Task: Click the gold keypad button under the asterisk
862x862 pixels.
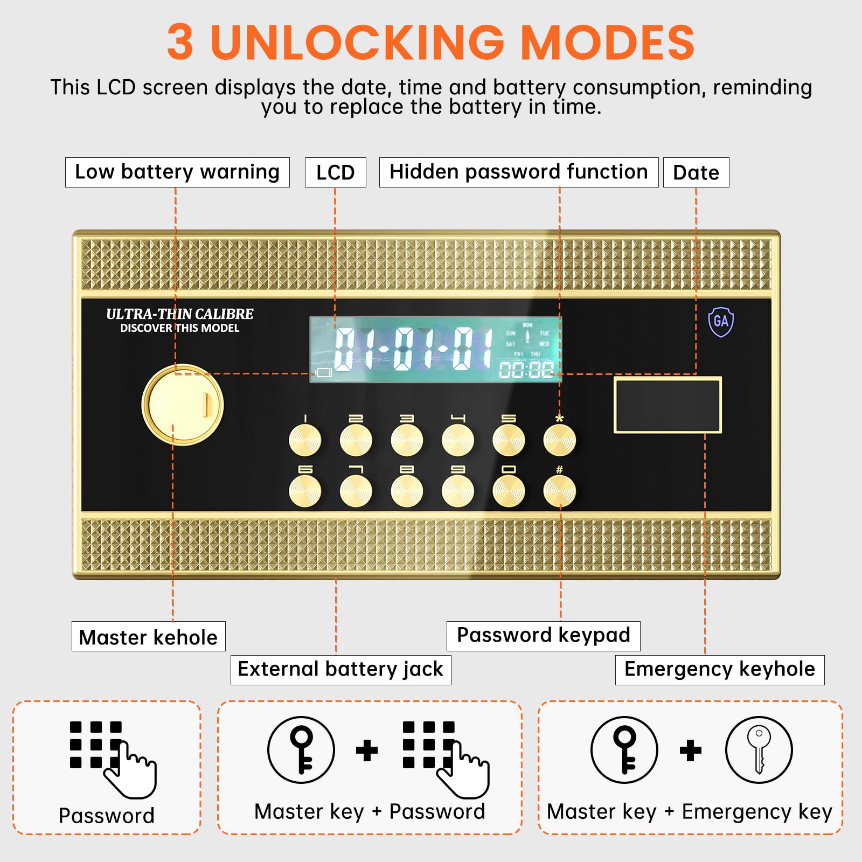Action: pos(559,440)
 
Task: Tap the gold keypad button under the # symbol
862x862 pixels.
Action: pos(559,491)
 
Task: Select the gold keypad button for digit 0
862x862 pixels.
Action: pos(509,491)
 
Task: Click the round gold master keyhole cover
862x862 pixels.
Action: pos(183,405)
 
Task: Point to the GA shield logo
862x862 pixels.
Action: pos(721,322)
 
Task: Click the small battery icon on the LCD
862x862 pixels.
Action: pos(324,372)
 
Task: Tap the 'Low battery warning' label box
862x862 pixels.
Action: pos(177,172)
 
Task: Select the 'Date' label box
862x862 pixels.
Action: pos(696,172)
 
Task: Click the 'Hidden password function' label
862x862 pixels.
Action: pos(519,172)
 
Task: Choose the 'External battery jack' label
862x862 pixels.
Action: pos(341,670)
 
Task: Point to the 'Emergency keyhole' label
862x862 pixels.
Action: pos(720,670)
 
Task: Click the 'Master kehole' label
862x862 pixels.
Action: pos(149,636)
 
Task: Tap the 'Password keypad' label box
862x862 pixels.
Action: pos(544,636)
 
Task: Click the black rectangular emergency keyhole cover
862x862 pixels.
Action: pos(668,405)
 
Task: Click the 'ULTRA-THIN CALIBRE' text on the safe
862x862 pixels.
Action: pos(179,314)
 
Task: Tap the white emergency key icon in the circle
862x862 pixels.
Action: pos(759,749)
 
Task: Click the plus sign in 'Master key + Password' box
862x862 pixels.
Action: pos(367,750)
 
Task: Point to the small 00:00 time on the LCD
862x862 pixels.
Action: pos(526,370)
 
